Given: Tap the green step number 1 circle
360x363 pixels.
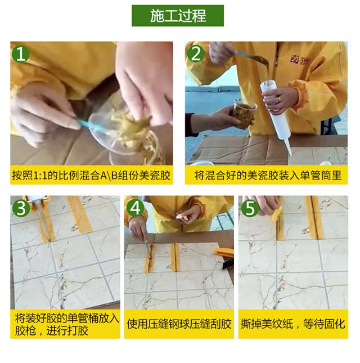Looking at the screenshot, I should point(21,54).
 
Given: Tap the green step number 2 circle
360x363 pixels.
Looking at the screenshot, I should point(196,54).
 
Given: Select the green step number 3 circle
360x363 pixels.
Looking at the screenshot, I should point(21,208).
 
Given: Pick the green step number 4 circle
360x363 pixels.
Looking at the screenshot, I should point(136,208).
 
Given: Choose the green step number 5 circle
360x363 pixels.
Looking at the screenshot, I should point(250,208).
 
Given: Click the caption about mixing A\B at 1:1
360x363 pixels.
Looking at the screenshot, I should point(91,175).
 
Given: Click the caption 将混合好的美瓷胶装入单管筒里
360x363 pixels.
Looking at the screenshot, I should point(267,175).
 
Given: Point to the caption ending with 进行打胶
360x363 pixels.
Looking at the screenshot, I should point(66,324).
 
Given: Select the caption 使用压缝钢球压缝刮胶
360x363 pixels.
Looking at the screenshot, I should point(179,324).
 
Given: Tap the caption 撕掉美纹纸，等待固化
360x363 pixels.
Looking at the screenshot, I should point(293,324).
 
